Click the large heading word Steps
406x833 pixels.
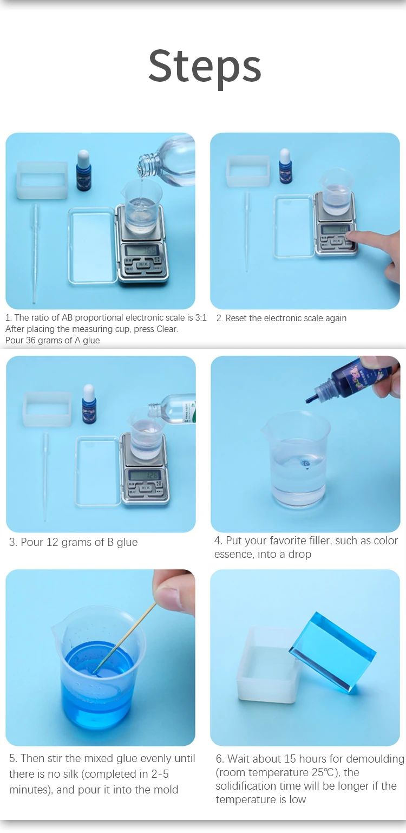click(x=205, y=67)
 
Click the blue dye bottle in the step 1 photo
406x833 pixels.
click(x=83, y=171)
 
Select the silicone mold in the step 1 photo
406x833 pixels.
click(x=42, y=180)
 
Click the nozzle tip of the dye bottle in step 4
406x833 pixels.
click(x=309, y=400)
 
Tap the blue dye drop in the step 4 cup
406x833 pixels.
click(x=305, y=464)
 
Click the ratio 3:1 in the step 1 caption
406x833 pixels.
click(x=201, y=317)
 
